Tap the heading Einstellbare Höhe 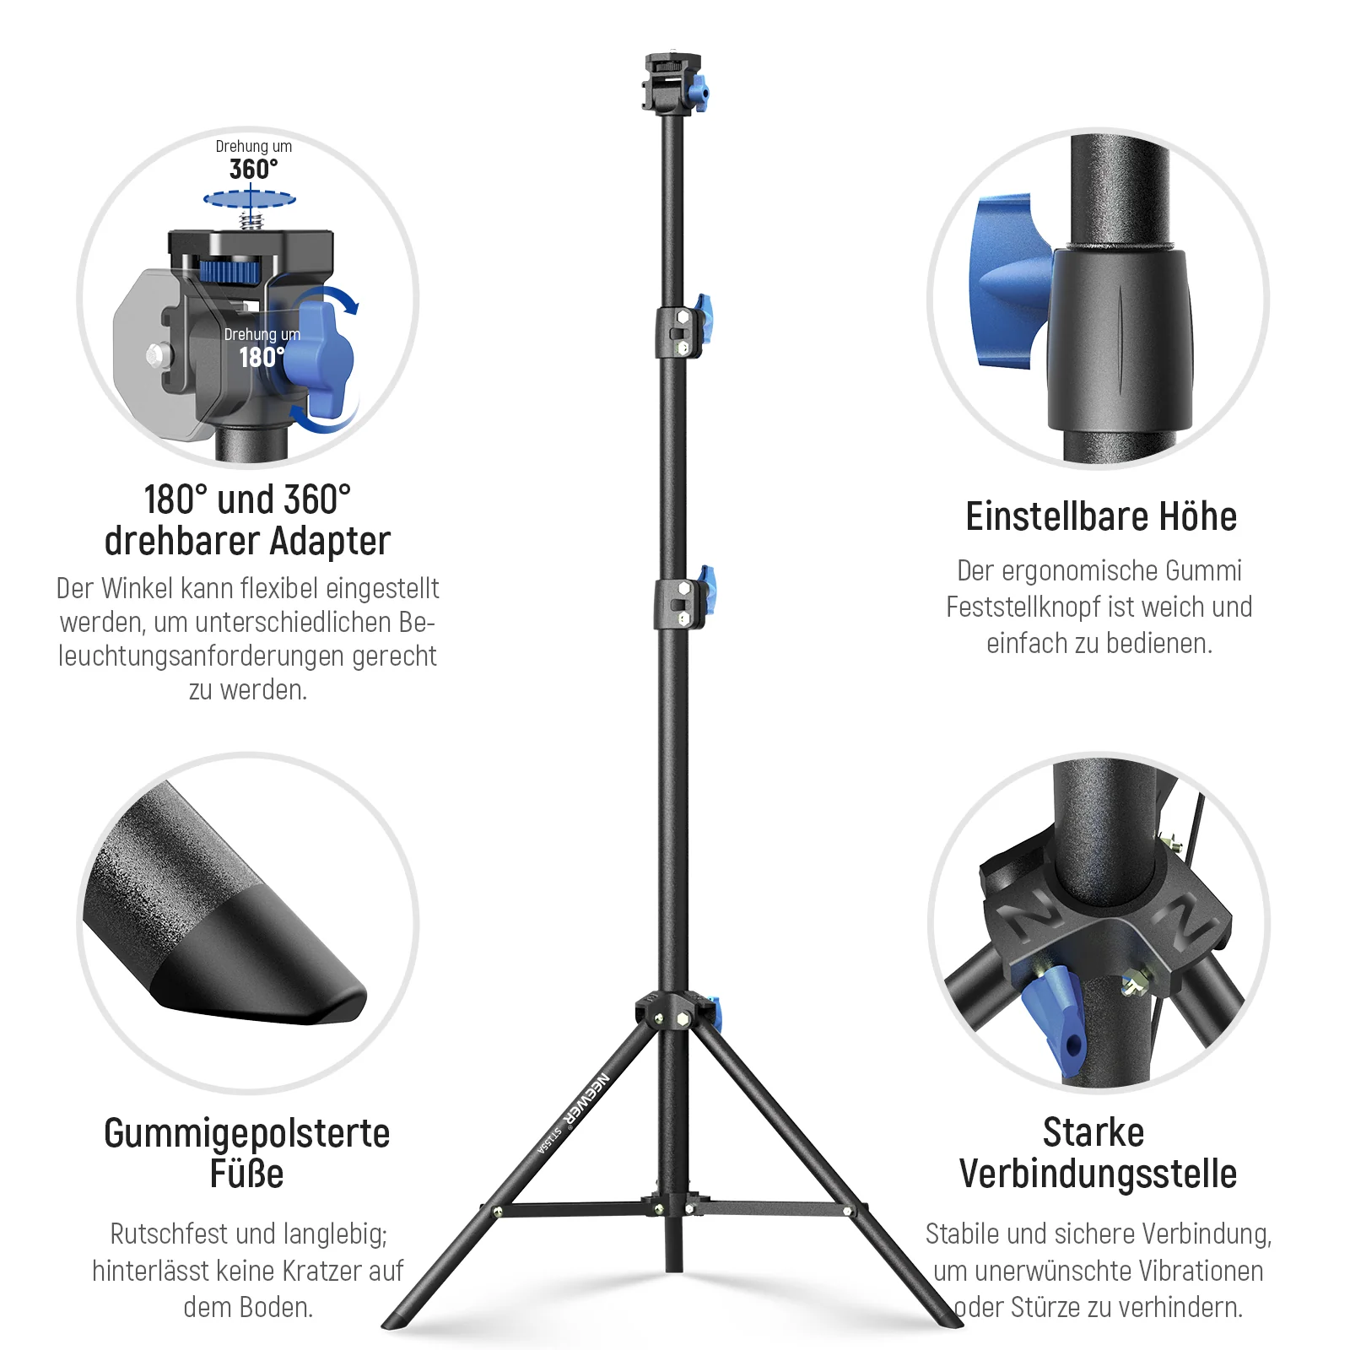(x=1101, y=516)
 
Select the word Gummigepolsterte (x=247, y=1134)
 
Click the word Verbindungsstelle (x=1099, y=1174)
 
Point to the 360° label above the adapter (x=254, y=169)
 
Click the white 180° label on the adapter (x=262, y=357)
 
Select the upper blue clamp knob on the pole (x=703, y=319)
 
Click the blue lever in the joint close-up (x=1055, y=1021)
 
